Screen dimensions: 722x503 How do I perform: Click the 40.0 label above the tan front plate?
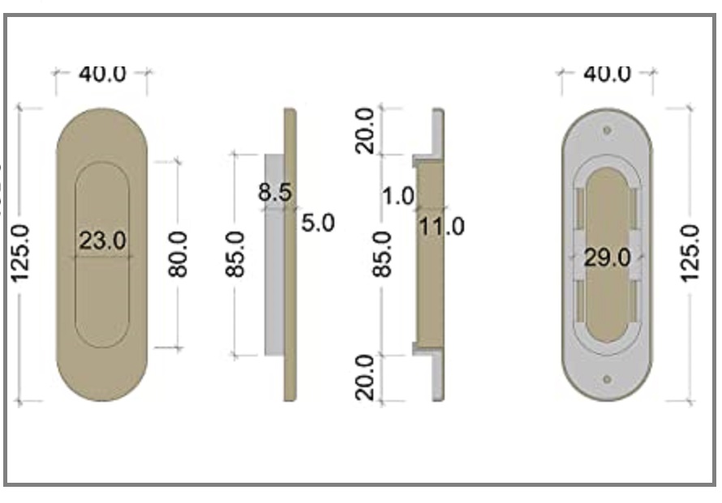point(102,74)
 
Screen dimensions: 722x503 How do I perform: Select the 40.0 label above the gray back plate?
point(607,74)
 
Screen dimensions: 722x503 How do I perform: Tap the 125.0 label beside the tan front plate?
point(19,254)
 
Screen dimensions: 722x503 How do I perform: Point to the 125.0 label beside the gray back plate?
point(690,254)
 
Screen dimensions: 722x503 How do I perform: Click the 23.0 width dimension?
point(102,241)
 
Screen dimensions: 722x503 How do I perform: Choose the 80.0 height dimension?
point(178,254)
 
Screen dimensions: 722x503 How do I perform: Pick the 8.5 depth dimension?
point(275,192)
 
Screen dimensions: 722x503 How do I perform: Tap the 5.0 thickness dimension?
point(318,223)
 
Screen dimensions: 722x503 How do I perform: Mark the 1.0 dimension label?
point(398,196)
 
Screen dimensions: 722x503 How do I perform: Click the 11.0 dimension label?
point(441,227)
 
